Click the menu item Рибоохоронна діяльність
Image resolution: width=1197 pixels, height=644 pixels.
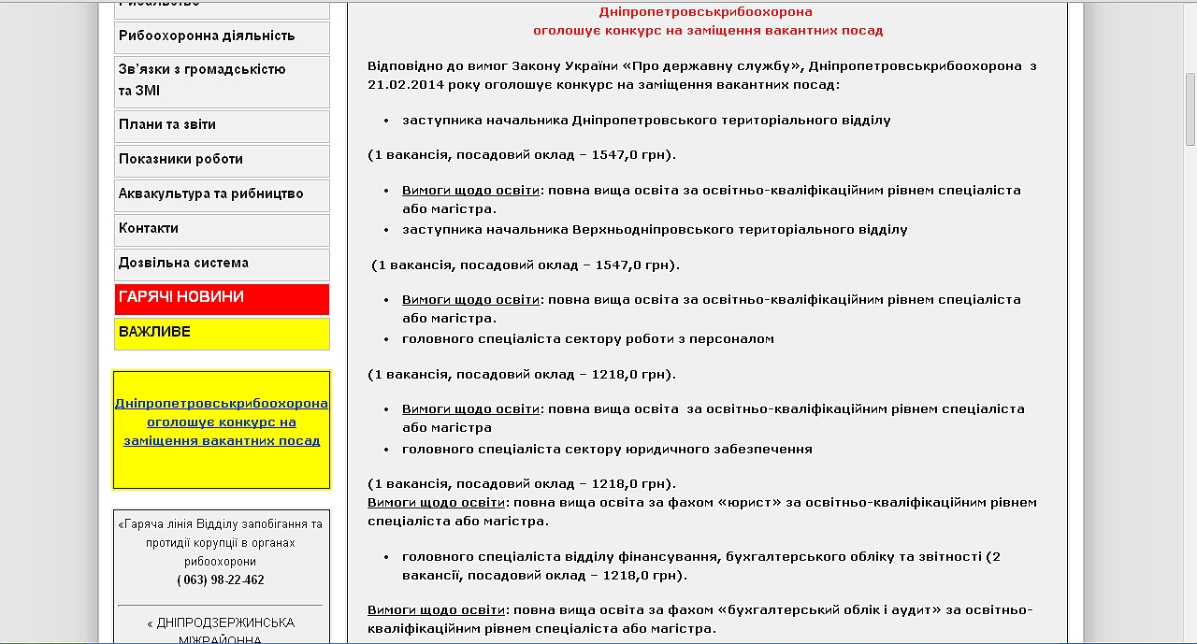coord(207,36)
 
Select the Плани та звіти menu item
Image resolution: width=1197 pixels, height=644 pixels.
coord(167,125)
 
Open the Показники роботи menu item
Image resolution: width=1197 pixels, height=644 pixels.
coord(180,160)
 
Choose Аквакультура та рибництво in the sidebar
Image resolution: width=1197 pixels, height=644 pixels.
coord(210,194)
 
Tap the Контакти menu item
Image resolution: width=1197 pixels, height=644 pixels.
coord(149,229)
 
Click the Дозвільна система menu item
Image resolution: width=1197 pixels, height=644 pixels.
coord(183,264)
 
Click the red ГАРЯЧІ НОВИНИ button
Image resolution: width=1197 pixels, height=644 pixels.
coord(181,297)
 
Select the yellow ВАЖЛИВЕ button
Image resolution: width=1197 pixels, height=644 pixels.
coord(154,332)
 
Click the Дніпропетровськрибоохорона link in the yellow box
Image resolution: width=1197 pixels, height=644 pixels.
coord(222,404)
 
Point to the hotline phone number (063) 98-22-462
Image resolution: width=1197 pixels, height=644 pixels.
coord(221,580)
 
